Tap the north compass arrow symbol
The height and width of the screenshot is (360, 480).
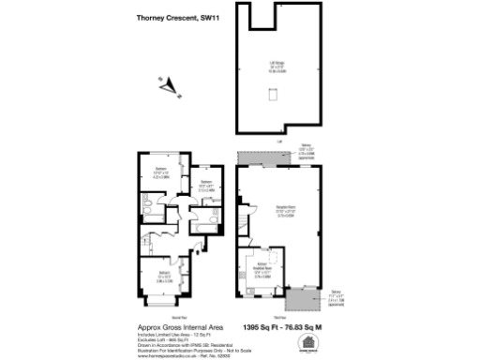(169, 85)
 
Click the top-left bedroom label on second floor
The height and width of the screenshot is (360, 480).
(161, 172)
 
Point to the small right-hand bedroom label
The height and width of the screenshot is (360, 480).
(207, 185)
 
